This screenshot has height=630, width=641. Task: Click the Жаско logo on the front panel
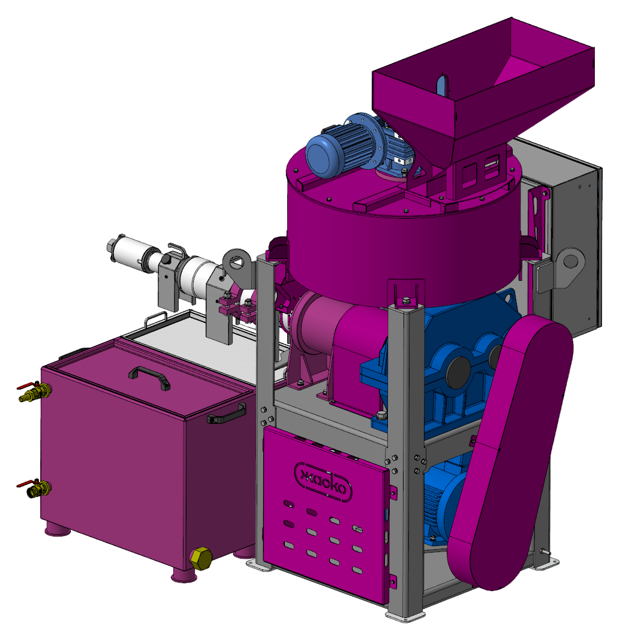point(323,483)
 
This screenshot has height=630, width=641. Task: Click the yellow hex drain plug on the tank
point(201,559)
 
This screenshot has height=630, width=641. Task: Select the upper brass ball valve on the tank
point(35,391)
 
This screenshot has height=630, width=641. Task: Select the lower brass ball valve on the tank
point(36,488)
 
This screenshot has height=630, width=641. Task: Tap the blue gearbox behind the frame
point(441,367)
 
